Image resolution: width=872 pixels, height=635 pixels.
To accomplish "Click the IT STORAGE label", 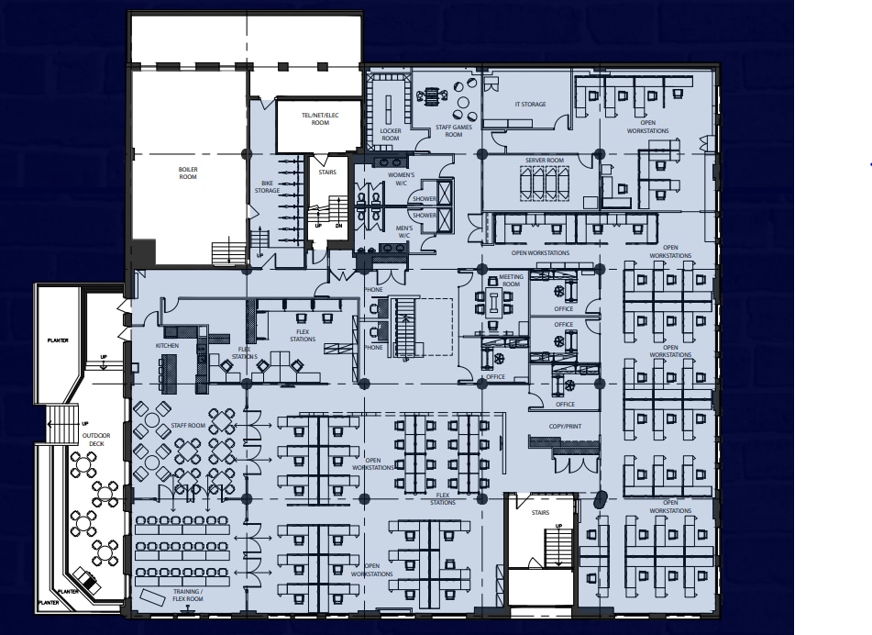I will [530, 105].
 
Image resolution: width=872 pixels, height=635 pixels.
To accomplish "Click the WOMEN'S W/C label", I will [404, 177].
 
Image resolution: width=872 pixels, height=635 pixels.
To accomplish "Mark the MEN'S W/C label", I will [404, 230].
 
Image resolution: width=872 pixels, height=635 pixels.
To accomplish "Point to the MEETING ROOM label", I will [511, 281].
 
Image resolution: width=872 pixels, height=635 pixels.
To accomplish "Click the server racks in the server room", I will [545, 183].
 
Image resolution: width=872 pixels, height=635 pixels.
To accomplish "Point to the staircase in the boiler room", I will [223, 251].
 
